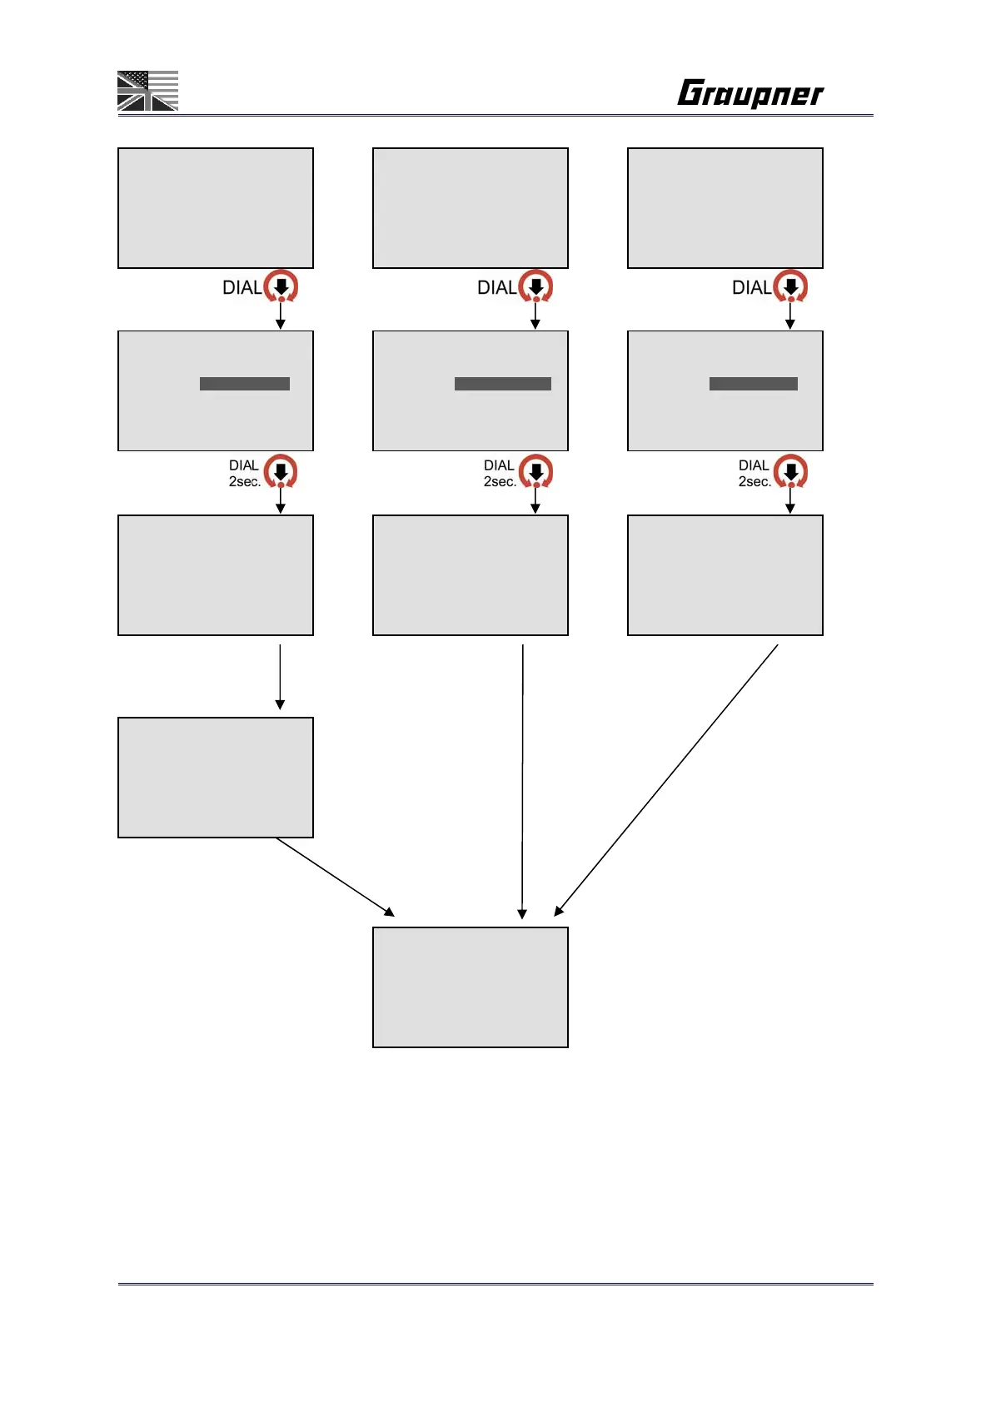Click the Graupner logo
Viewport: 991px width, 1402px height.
(x=750, y=93)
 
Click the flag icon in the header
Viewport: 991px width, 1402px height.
(x=147, y=91)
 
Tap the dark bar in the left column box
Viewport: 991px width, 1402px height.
(x=245, y=384)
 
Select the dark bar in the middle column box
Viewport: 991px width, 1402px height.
(x=503, y=384)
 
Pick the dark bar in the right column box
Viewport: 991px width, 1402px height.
(x=754, y=384)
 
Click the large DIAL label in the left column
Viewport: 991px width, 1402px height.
(x=242, y=288)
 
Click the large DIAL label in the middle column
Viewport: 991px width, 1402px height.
(x=496, y=288)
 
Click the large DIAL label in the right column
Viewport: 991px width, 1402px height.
(x=751, y=288)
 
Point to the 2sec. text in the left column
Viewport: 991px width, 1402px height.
(x=245, y=482)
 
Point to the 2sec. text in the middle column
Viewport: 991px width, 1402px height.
(x=500, y=482)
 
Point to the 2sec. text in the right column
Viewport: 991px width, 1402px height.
(x=754, y=482)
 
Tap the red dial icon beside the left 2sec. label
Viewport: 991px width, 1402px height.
(x=281, y=471)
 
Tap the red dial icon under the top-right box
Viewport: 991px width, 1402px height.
(x=790, y=286)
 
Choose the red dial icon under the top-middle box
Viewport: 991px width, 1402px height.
(x=535, y=286)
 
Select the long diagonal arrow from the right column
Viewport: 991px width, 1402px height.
(x=666, y=780)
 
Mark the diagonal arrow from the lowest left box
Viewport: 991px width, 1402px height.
(x=335, y=877)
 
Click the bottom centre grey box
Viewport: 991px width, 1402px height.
(x=471, y=987)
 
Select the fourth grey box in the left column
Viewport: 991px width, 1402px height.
(x=216, y=778)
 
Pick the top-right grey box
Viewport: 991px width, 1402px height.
(x=725, y=208)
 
